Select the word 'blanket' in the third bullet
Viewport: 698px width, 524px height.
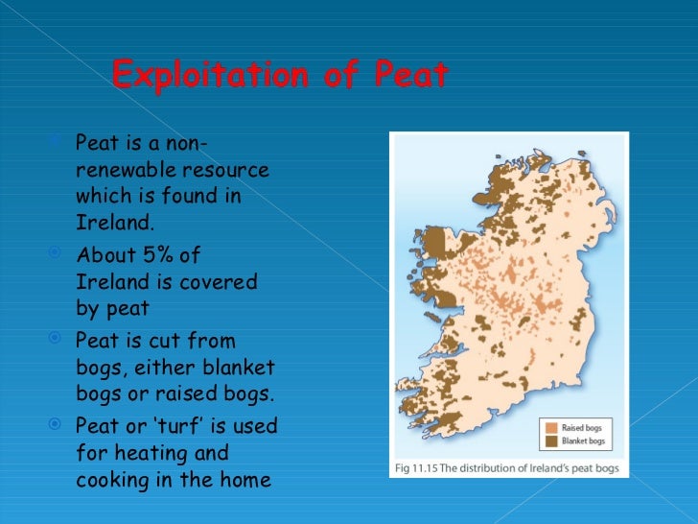(241, 369)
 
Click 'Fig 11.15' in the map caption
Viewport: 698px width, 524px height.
(418, 469)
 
